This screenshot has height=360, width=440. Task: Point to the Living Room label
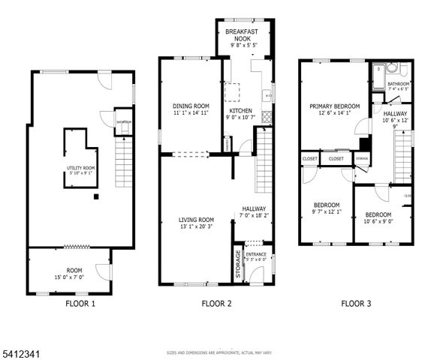point(196,220)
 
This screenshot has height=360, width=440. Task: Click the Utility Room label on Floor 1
point(80,169)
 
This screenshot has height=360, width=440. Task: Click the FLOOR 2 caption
point(216,304)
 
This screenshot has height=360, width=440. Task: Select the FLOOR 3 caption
point(356,304)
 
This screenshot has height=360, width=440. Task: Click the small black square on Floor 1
point(96,197)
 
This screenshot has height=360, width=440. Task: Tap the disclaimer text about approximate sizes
point(219,352)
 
